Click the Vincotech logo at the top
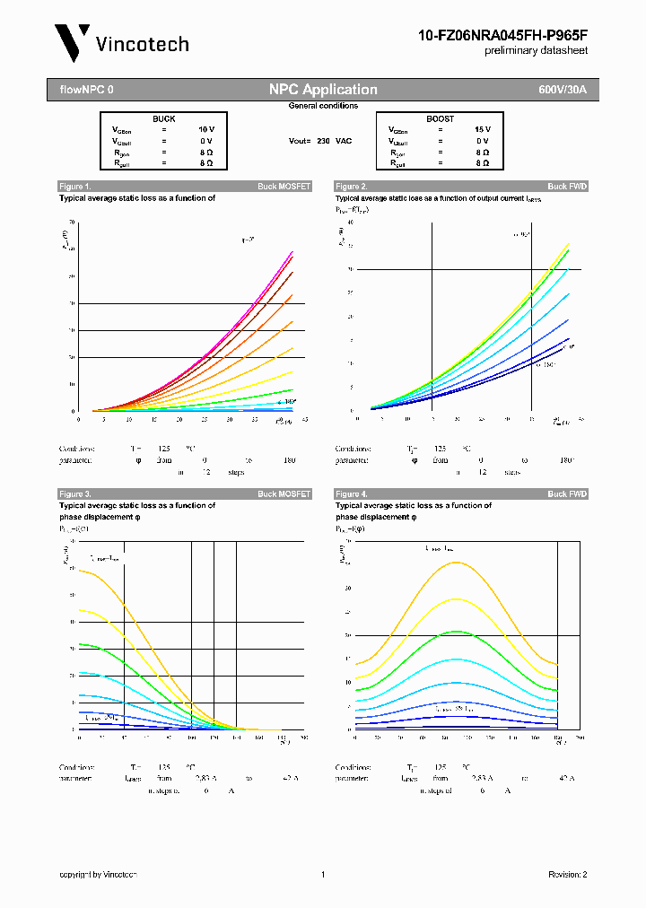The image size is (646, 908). click(122, 43)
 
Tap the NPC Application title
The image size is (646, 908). click(323, 90)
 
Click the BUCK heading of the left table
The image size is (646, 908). click(163, 118)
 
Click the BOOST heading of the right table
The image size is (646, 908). click(440, 118)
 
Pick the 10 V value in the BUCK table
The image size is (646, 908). click(205, 129)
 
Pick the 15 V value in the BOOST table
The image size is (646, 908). click(482, 129)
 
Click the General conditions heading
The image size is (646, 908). click(323, 106)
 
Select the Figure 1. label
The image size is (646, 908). click(74, 187)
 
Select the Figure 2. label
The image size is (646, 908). click(351, 187)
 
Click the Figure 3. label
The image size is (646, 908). click(74, 494)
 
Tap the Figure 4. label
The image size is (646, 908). click(351, 494)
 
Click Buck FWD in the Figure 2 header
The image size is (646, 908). click(567, 187)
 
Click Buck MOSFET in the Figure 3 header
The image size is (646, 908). click(284, 494)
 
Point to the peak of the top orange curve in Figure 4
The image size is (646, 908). click(457, 563)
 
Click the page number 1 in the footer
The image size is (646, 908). click(322, 875)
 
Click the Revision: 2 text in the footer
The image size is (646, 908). click(567, 875)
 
